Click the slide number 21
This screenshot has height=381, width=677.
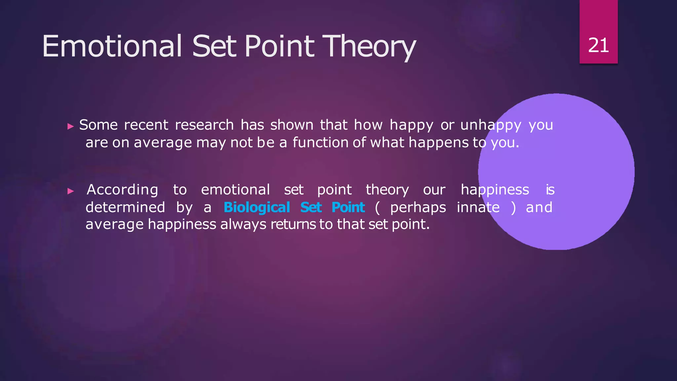click(x=598, y=45)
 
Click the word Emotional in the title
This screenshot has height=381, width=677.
click(x=112, y=46)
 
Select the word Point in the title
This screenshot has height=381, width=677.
click(x=279, y=46)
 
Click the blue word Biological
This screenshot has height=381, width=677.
click(x=257, y=208)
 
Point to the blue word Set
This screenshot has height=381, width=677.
click(x=311, y=208)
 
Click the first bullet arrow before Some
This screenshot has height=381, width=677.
click(x=70, y=126)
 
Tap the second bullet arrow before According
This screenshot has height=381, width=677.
click(x=70, y=191)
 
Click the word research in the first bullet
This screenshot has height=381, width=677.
click(x=204, y=125)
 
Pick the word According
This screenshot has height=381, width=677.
click(x=122, y=190)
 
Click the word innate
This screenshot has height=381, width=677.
click(x=478, y=208)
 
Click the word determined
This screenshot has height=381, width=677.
click(x=125, y=208)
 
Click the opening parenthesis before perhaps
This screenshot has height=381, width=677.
click(x=378, y=208)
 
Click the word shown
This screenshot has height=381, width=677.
click(x=292, y=125)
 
